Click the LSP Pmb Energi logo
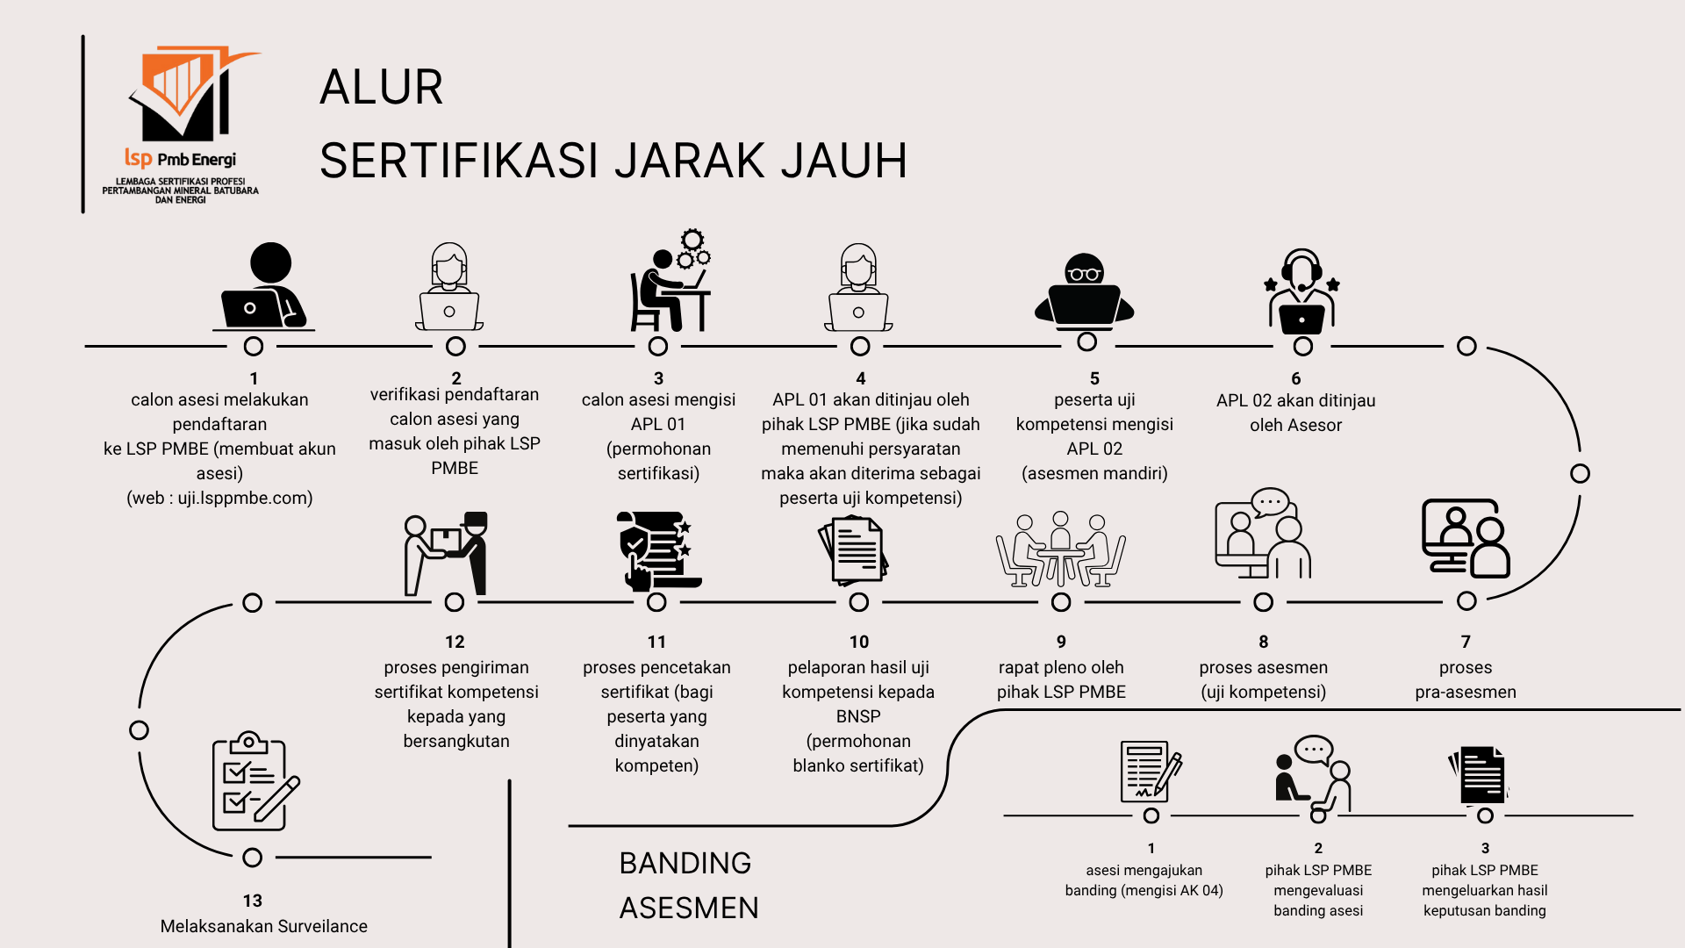[182, 124]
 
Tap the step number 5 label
[1094, 378]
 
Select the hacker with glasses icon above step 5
[1085, 291]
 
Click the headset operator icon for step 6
[1302, 291]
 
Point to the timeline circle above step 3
[658, 347]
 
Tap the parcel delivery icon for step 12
[446, 553]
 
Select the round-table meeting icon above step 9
[1061, 549]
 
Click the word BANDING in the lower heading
[685, 863]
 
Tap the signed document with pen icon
[1151, 770]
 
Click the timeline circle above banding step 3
[1485, 815]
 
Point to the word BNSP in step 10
[858, 716]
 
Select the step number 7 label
[1466, 642]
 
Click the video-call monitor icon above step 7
[1466, 538]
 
